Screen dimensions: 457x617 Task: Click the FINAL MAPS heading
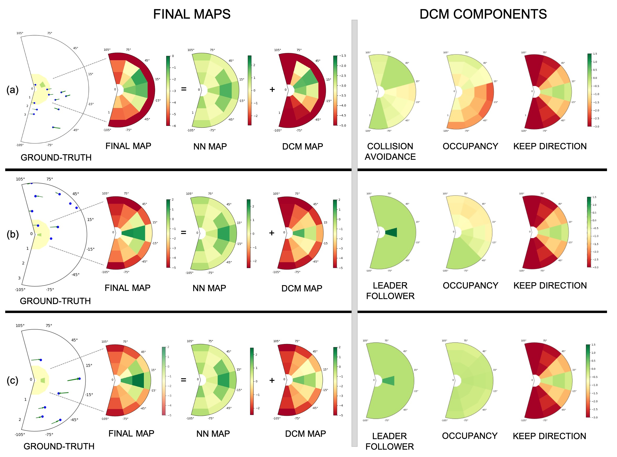pos(192,14)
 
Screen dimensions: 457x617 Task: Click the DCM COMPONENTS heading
pos(483,14)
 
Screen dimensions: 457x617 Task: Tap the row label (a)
pos(12,90)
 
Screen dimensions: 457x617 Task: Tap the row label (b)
pos(12,234)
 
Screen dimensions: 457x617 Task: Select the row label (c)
pos(12,380)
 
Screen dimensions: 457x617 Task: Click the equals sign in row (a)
pos(184,89)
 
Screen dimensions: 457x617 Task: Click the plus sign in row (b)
pos(272,233)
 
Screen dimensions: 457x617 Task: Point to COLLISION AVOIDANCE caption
pos(390,151)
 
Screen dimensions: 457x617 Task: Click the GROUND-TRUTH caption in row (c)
pos(59,446)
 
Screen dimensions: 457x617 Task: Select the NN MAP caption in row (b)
pos(209,288)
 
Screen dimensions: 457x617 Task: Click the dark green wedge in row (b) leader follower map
pos(391,232)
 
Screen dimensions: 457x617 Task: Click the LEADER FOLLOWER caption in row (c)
pos(390,441)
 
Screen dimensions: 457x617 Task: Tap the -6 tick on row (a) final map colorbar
pos(174,126)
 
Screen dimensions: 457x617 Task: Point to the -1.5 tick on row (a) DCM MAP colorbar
pos(343,56)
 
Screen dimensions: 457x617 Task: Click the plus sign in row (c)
pos(272,380)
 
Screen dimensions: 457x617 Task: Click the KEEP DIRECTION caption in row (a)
pos(550,146)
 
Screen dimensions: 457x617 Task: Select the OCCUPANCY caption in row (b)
pos(470,285)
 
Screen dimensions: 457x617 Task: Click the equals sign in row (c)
pos(184,380)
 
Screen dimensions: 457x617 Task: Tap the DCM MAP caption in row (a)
pos(302,147)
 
